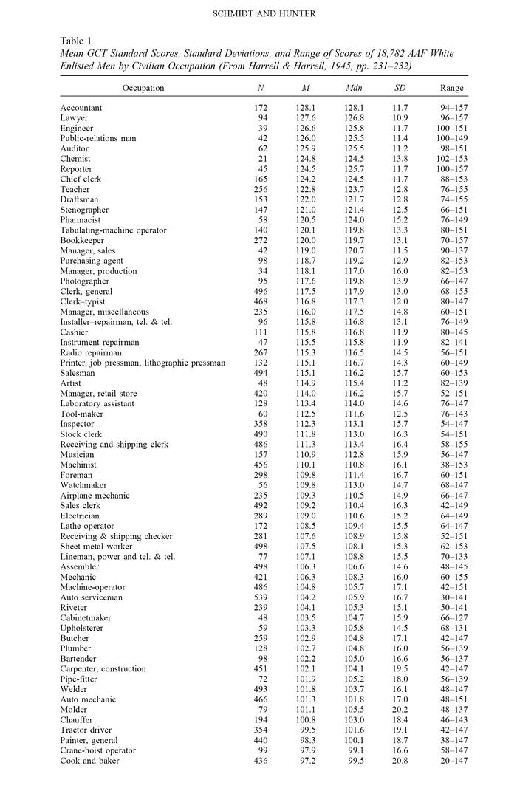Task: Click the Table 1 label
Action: (78, 42)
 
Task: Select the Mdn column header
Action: (353, 88)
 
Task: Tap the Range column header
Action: (451, 88)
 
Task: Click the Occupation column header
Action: (143, 88)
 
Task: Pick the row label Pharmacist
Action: (82, 219)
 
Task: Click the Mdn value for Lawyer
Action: (353, 117)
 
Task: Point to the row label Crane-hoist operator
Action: (98, 750)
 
